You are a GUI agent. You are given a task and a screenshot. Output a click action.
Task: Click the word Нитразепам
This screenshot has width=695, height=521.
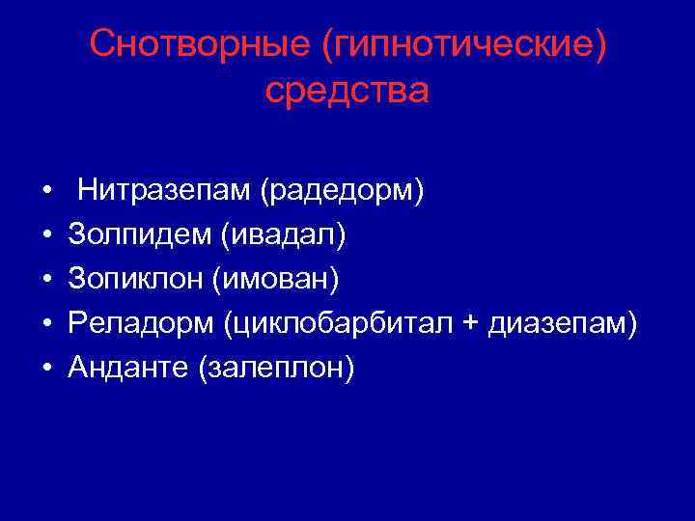(164, 190)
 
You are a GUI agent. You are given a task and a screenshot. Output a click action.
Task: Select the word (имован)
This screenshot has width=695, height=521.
(281, 279)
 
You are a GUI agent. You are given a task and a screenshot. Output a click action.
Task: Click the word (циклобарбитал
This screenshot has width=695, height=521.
(338, 323)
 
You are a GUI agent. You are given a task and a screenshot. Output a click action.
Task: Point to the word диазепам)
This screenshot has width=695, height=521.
(562, 323)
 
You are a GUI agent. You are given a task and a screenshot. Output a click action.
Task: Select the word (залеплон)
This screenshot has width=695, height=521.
(276, 368)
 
